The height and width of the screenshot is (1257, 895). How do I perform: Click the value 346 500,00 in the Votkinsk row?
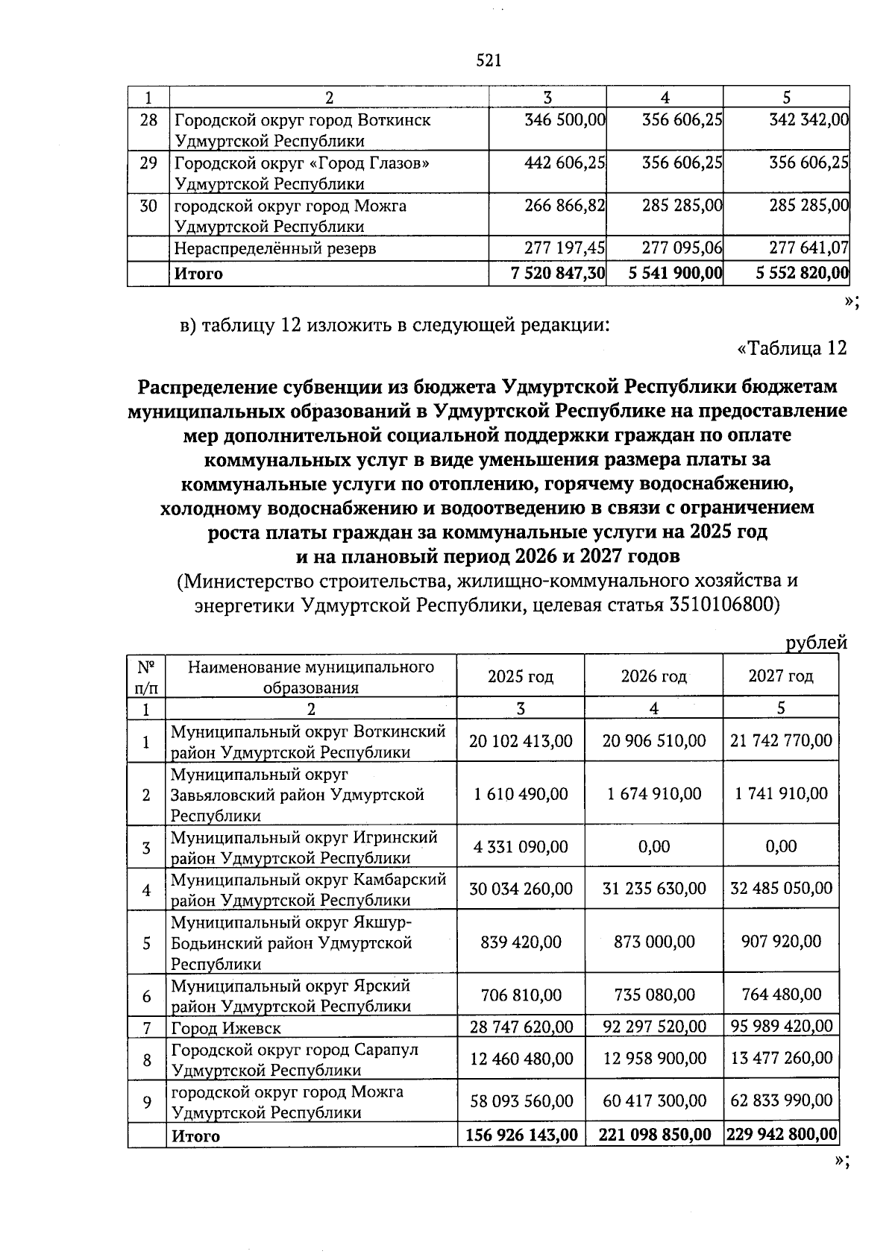(x=564, y=119)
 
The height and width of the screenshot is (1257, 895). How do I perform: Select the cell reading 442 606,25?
(x=564, y=163)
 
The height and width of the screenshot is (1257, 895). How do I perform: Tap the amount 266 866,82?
(x=564, y=205)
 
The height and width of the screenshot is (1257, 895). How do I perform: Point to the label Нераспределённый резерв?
(x=275, y=248)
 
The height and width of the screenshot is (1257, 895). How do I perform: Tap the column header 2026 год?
(x=653, y=676)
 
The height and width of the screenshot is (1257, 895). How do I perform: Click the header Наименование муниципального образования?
(x=310, y=677)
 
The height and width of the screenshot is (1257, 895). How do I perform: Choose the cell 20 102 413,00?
(x=521, y=741)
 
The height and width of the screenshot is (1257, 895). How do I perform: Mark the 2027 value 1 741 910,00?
(x=781, y=793)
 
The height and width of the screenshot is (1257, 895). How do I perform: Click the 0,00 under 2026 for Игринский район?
(x=653, y=847)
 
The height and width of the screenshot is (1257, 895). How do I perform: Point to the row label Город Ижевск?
(x=226, y=1028)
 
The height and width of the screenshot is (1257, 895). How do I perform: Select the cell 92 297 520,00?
(x=654, y=1027)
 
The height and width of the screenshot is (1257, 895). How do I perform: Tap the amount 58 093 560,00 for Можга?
(x=521, y=1101)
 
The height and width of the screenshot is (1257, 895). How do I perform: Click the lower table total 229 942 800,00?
(x=781, y=1135)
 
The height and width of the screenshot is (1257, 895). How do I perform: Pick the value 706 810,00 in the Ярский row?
(x=521, y=995)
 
